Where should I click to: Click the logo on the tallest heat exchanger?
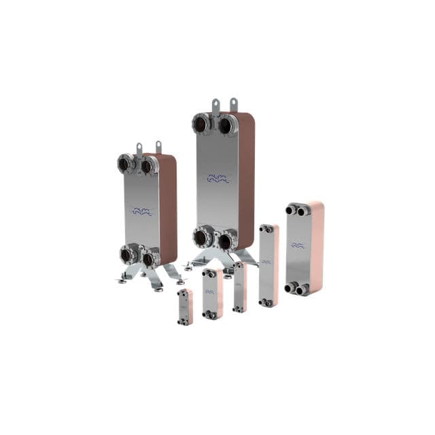[x=218, y=179]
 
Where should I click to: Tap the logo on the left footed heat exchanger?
[x=142, y=211]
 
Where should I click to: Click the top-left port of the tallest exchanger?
[x=202, y=124]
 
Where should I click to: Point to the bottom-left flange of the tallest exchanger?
[x=202, y=237]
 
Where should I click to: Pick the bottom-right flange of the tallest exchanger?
[x=226, y=239]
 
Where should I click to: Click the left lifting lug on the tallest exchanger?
[x=215, y=107]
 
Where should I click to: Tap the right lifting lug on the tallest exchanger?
[x=233, y=105]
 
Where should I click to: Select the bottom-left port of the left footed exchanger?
[x=127, y=255]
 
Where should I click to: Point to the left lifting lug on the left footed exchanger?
[x=139, y=148]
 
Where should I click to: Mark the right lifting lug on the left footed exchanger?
[x=158, y=147]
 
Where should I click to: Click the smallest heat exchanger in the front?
[x=184, y=306]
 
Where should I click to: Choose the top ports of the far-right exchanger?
[x=297, y=210]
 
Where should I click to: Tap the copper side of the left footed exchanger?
[x=169, y=211]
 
